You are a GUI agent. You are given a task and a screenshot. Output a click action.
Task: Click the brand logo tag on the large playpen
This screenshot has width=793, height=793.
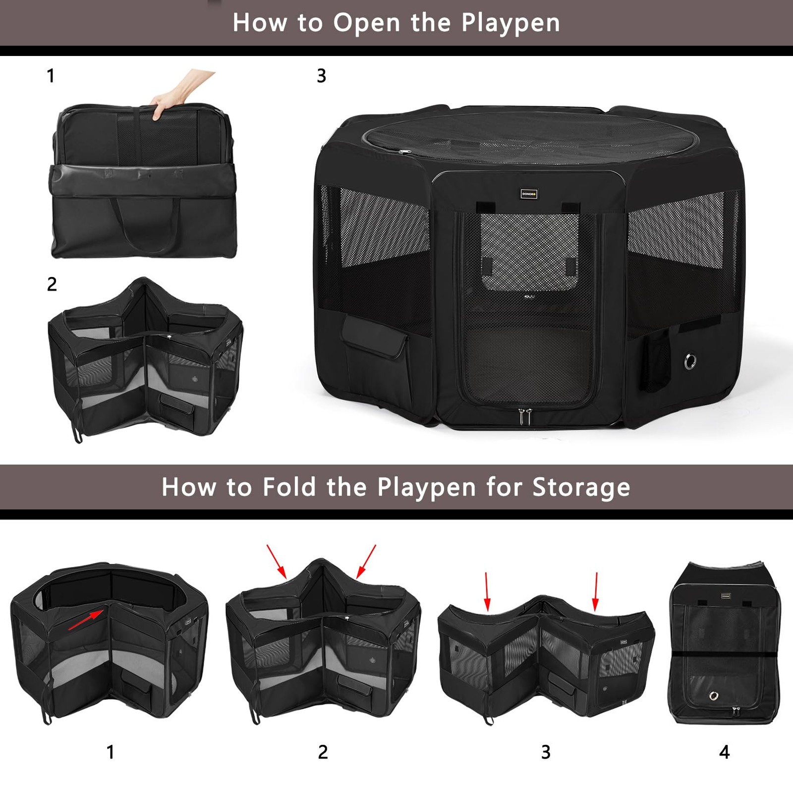[x=529, y=194]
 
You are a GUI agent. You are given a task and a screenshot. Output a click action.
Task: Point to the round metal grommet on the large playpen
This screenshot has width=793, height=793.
[x=689, y=361]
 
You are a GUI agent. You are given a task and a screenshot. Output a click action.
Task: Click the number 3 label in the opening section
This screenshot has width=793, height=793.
[x=321, y=76]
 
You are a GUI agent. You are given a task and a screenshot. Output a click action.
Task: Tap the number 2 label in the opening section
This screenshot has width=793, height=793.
[x=52, y=284]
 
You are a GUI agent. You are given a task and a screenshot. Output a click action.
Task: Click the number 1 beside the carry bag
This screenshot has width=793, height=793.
[x=51, y=76]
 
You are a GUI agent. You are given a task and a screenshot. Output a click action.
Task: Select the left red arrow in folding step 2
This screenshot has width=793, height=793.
[x=277, y=562]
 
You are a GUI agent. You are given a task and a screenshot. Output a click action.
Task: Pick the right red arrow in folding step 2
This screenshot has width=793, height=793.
[x=366, y=562]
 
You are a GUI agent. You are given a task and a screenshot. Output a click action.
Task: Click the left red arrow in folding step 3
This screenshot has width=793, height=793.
[x=487, y=591]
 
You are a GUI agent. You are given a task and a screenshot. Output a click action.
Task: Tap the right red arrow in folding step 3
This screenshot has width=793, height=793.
[x=596, y=591]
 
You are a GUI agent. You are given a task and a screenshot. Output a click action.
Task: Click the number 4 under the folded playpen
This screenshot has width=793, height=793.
[x=724, y=752]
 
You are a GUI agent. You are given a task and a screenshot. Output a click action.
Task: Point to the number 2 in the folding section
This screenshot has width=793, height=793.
[x=323, y=752]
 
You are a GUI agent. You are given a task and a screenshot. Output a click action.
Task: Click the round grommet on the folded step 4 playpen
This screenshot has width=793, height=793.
[x=714, y=696]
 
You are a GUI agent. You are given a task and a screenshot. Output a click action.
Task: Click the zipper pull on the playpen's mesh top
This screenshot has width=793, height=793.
[x=404, y=152]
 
